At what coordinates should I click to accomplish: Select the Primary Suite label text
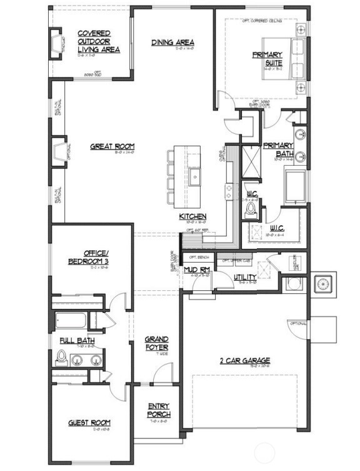point(268,58)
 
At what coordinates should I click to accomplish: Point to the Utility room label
point(244,276)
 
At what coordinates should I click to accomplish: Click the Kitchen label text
point(193,216)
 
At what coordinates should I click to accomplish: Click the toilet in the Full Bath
point(62,358)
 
